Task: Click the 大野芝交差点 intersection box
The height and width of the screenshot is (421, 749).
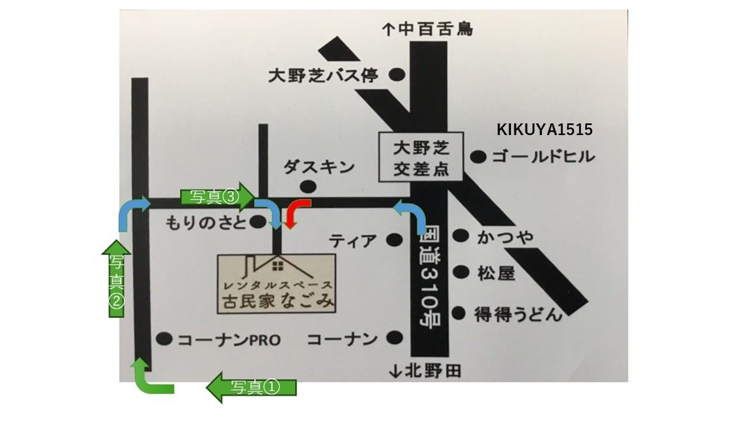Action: (420, 157)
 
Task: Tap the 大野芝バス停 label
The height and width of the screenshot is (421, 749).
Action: (324, 75)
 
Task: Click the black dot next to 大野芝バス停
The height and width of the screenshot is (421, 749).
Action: (398, 75)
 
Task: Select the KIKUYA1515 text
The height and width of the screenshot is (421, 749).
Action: (544, 130)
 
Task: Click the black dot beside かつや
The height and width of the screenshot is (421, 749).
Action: (462, 236)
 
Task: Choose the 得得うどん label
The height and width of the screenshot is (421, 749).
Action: (518, 314)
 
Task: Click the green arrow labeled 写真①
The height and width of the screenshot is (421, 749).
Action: (252, 387)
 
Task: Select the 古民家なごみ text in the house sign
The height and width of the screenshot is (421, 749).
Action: (277, 301)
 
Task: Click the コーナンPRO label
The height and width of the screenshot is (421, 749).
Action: (229, 339)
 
